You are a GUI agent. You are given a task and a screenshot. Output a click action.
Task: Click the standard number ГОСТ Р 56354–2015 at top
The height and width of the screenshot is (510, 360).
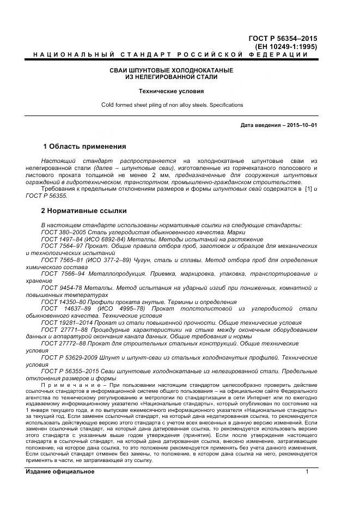click(282, 38)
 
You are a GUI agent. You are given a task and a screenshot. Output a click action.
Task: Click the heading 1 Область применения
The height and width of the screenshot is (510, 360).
click(84, 147)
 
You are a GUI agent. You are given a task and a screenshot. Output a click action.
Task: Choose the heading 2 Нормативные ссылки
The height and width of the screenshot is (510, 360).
click(84, 210)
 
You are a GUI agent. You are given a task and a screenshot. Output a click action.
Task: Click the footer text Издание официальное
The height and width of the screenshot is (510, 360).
click(60, 472)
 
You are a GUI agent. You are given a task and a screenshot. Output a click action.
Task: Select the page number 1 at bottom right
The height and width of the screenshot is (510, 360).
click(307, 472)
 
